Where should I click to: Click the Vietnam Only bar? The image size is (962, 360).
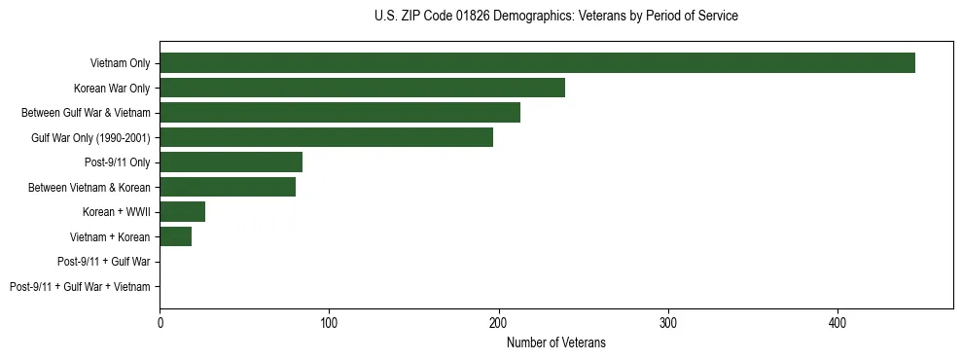tap(537, 63)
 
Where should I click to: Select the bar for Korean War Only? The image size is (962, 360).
tap(362, 88)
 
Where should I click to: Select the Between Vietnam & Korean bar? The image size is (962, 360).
tap(228, 187)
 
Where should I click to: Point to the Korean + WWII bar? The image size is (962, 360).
tap(182, 211)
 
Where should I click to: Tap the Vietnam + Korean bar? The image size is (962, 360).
tap(175, 236)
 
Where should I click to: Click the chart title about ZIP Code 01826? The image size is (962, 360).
tap(555, 17)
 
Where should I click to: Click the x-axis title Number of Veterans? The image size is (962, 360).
tap(555, 342)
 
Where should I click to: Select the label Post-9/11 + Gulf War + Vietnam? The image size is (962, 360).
tap(80, 287)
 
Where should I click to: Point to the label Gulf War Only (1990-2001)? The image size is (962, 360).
tap(90, 138)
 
